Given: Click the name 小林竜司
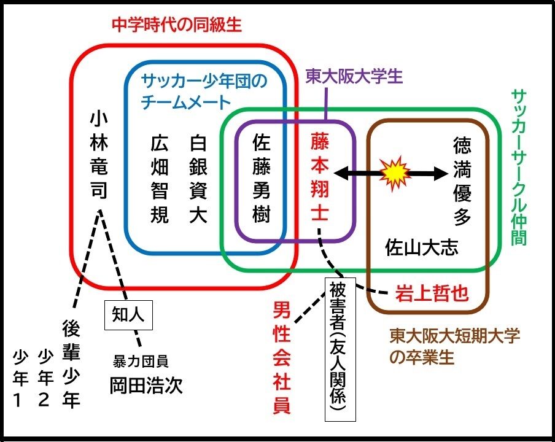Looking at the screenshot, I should point(98,155).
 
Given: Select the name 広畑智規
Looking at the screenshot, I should point(160,179).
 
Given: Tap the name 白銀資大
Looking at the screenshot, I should point(198,179).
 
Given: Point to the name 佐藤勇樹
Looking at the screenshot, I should point(262,179).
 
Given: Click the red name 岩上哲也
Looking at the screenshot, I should point(432,293).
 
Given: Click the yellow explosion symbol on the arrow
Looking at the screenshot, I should point(395,174).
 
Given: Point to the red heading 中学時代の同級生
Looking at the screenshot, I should point(177,25).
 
